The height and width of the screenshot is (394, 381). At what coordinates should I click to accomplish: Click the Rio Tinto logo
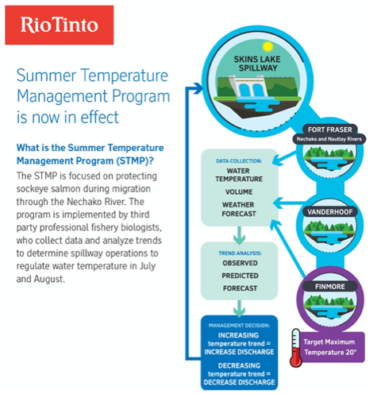[60, 25]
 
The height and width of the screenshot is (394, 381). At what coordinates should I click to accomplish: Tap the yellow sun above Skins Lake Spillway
[267, 47]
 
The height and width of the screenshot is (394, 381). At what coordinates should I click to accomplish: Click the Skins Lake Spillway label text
[257, 64]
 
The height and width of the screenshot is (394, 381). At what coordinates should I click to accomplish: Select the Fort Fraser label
[329, 129]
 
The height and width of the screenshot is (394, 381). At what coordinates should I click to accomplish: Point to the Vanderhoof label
[330, 212]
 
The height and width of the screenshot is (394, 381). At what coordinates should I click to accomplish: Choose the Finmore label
[330, 287]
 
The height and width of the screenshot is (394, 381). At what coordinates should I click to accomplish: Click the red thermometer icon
[296, 348]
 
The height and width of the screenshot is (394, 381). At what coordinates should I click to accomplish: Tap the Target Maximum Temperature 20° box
[330, 347]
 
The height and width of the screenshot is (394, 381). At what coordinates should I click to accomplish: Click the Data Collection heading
[239, 161]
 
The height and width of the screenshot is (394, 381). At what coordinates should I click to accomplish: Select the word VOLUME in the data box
[239, 191]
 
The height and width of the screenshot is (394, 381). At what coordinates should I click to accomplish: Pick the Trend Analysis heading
[240, 253]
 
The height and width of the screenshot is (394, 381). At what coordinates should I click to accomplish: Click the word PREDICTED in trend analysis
[240, 276]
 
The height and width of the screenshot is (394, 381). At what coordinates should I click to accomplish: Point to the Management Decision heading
[239, 326]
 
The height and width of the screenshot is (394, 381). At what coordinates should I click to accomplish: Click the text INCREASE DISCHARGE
[239, 352]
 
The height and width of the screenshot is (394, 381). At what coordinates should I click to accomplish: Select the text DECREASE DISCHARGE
[239, 382]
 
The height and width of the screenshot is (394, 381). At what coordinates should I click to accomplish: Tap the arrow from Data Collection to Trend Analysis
[239, 235]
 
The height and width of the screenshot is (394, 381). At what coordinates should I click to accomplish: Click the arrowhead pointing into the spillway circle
[198, 88]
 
